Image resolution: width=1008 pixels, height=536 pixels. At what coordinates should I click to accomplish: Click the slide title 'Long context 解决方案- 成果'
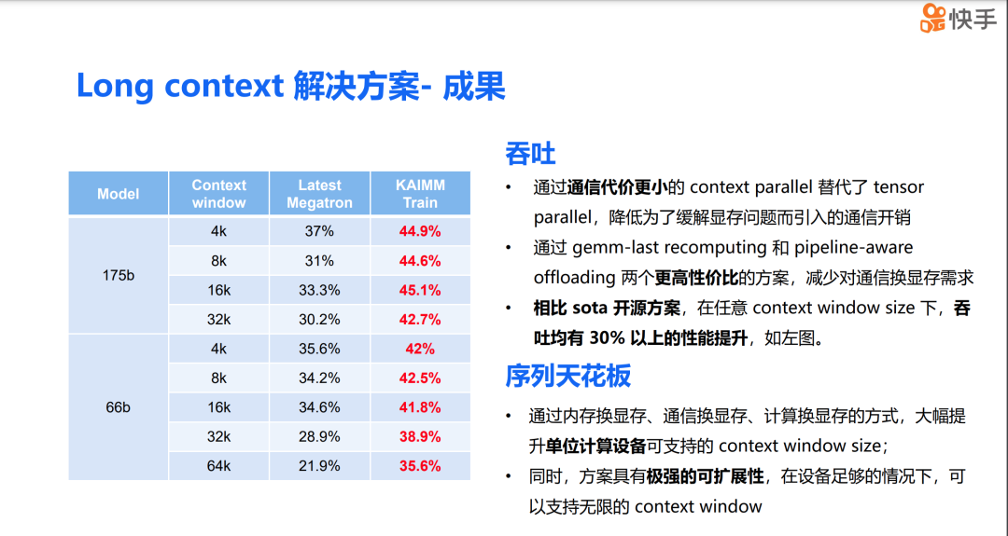290,86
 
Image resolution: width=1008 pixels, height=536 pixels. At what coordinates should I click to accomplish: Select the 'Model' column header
118,194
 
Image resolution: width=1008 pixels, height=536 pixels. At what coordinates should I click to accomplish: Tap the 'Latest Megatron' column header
319,194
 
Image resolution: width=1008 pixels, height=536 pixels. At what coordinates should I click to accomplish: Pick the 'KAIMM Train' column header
420,194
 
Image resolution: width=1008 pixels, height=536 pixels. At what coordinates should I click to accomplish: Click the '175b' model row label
118,275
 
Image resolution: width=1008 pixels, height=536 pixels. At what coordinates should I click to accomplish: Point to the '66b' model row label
118,407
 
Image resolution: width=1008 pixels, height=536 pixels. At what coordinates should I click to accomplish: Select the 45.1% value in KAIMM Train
420,290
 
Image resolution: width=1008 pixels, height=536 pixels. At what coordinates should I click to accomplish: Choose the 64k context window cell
218,466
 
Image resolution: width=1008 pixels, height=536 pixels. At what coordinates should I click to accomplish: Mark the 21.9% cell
319,466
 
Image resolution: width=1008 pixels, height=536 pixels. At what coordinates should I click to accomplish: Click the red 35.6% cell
420,466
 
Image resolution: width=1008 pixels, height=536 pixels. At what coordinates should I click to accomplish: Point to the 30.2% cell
319,320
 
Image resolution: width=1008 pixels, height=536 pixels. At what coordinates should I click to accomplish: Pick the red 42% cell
420,349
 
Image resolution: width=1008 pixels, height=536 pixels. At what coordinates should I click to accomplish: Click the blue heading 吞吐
530,153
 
